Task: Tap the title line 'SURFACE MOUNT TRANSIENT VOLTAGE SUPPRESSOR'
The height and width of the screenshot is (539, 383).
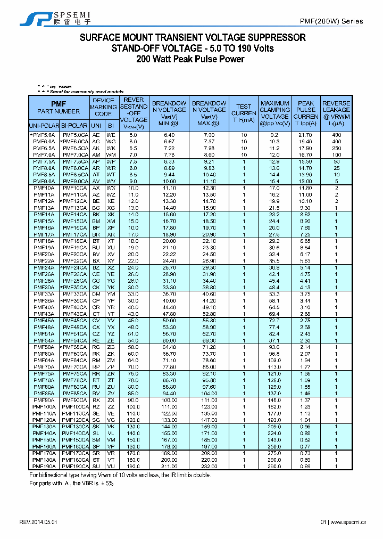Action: click(x=193, y=38)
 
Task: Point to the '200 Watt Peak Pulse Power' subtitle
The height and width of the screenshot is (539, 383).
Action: click(x=190, y=59)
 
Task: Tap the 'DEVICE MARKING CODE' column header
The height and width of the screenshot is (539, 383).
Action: click(x=103, y=107)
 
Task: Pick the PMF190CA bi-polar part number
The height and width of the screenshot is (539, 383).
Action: click(x=74, y=466)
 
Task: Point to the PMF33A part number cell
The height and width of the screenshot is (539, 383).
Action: click(x=43, y=294)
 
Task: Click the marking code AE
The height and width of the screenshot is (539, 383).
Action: click(x=96, y=135)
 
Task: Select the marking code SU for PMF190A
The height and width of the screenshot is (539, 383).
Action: click(x=96, y=466)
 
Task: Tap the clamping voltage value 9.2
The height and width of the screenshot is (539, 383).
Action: click(x=274, y=135)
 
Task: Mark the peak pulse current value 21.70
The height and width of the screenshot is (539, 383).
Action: click(x=305, y=135)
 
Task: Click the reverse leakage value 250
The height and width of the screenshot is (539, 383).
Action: click(x=336, y=148)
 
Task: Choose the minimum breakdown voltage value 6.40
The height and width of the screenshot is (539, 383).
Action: click(x=169, y=135)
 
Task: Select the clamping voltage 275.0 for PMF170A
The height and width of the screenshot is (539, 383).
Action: click(x=274, y=453)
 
